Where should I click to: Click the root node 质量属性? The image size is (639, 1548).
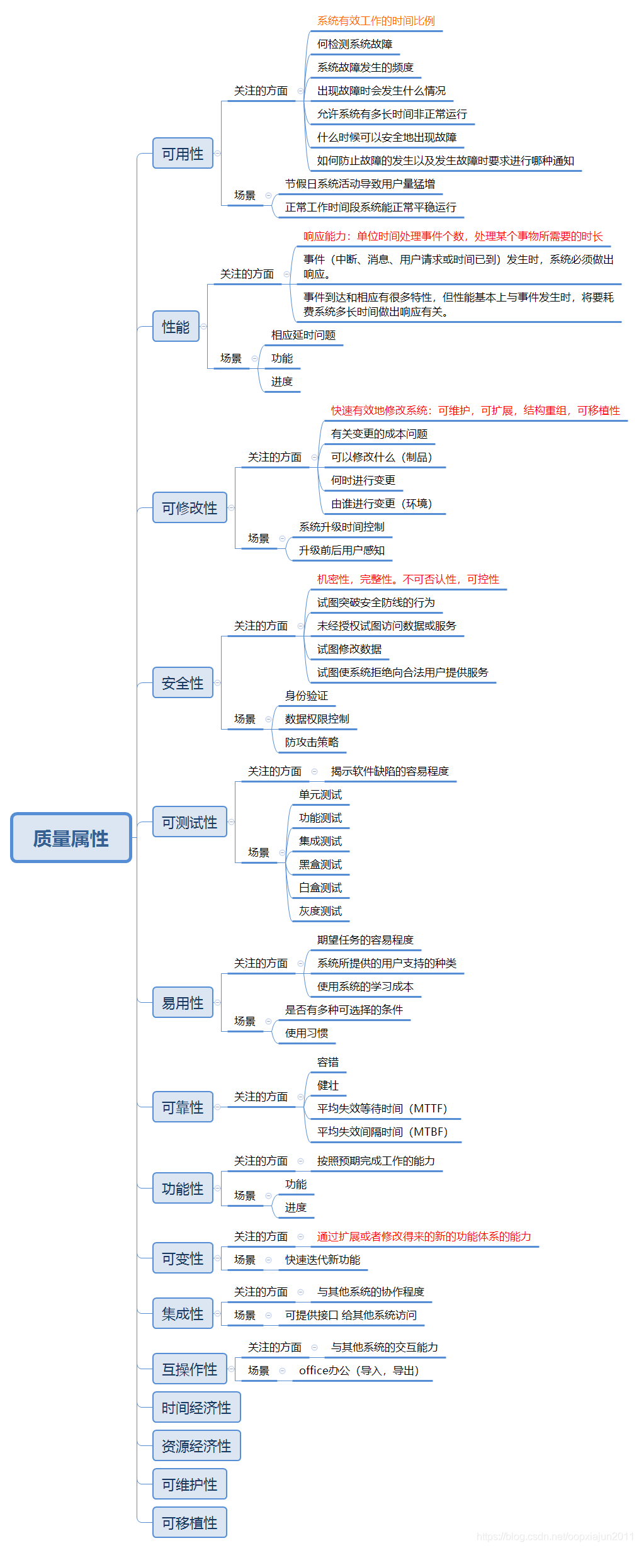[x=71, y=838]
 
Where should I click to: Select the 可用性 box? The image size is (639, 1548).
[x=183, y=154]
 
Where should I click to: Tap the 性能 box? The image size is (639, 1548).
[x=176, y=327]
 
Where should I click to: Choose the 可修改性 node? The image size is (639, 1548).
[x=189, y=508]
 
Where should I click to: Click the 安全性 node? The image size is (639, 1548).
[x=183, y=683]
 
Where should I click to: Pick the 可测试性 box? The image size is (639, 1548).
[x=189, y=822]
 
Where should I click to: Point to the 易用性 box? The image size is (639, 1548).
[x=183, y=1003]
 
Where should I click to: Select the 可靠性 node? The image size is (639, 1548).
[x=183, y=1107]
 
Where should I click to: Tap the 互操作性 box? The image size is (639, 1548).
[x=189, y=1369]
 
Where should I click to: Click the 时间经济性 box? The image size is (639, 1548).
[x=196, y=1408]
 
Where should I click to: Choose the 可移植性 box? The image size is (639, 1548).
[x=189, y=1523]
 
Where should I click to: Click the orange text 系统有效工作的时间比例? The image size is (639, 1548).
[x=376, y=21]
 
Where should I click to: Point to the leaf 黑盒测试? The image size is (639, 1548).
[x=320, y=864]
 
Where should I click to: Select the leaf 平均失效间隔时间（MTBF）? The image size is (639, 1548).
[x=382, y=1132]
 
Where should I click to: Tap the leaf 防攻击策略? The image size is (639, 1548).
[x=312, y=742]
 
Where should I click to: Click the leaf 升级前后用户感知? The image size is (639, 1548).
[x=341, y=550]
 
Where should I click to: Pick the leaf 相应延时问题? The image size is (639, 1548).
[x=303, y=335]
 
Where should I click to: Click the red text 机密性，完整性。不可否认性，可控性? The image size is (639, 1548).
[x=408, y=579]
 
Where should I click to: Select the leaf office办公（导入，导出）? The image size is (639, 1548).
[x=359, y=1370]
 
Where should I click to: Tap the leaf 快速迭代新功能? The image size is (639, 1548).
[x=322, y=1260]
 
